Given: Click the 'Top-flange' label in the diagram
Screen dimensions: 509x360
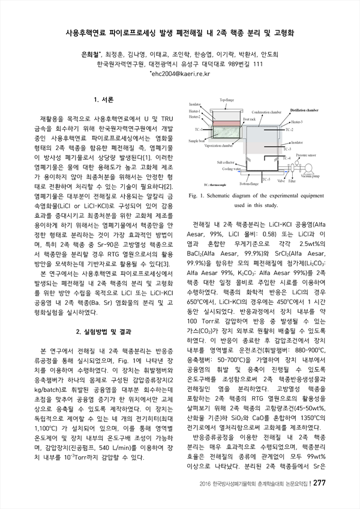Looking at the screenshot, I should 227,100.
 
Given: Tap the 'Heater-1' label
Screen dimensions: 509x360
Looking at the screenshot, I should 196,112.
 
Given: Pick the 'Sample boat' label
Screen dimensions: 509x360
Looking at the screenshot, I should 197,141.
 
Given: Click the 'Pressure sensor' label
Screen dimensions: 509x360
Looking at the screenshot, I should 306,154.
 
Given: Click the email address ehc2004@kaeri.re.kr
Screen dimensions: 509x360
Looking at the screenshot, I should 179,74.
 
